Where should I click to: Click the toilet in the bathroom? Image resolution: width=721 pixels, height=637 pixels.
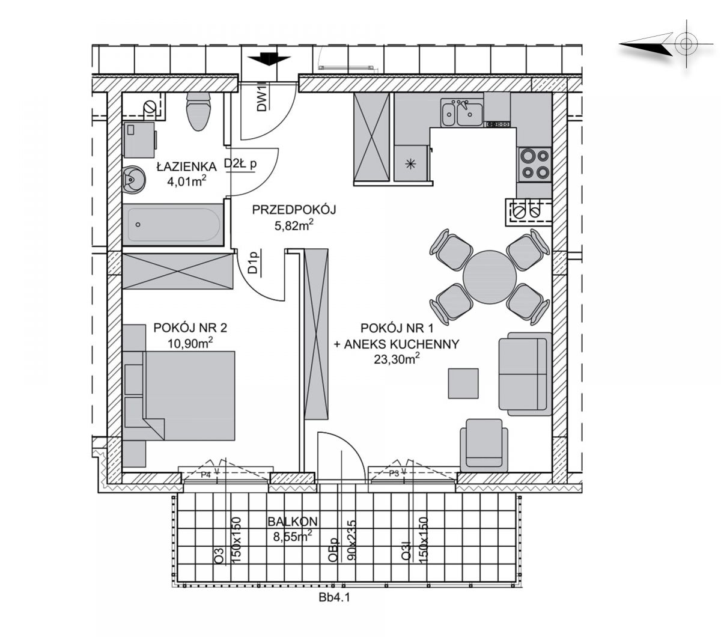tap(198, 111)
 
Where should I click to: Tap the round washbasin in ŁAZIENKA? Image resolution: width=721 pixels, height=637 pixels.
tap(133, 181)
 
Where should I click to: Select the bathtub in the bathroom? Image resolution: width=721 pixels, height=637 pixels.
tap(173, 225)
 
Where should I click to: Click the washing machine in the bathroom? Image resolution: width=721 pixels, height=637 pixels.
tap(139, 140)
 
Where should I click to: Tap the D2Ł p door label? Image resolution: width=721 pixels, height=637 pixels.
tap(240, 164)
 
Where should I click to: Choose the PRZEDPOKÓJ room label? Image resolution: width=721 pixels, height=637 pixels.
tap(294, 210)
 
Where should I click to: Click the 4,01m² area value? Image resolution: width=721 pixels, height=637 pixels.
tap(187, 181)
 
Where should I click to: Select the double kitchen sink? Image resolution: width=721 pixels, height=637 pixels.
tap(461, 112)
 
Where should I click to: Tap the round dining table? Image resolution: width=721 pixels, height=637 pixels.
tap(489, 276)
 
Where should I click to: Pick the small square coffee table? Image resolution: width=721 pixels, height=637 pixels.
tap(463, 383)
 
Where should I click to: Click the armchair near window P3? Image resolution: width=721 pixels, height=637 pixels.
tap(484, 445)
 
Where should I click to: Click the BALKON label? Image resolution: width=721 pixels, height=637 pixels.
tap(293, 522)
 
